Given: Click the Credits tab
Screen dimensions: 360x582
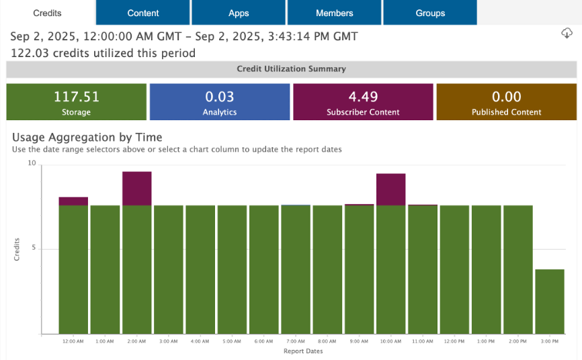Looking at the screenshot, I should click(x=47, y=13).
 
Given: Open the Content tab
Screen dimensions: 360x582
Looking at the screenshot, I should click(x=143, y=13).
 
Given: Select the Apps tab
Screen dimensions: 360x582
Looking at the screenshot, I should click(x=239, y=13).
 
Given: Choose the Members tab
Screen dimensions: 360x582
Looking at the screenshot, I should click(x=334, y=13).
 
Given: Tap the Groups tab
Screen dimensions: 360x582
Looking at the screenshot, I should click(x=430, y=13).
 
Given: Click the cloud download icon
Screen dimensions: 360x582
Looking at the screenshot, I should click(x=567, y=34).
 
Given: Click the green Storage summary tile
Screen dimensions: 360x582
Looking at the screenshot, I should click(x=76, y=102).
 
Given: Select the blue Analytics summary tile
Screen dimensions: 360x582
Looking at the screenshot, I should click(x=220, y=102).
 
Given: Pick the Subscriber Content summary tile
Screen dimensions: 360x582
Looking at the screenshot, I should click(x=363, y=102).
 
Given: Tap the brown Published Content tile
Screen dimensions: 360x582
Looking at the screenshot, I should click(x=506, y=102).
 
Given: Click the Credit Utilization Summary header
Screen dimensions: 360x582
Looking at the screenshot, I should click(x=291, y=69).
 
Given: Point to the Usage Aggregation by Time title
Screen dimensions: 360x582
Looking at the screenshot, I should click(x=87, y=137).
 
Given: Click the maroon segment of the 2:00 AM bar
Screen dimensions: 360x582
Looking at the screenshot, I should click(x=136, y=188).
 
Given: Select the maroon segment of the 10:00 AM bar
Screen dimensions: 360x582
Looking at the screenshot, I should click(x=390, y=189).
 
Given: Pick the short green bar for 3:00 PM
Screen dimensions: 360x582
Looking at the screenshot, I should click(x=549, y=302).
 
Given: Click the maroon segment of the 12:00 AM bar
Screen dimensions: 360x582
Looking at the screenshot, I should click(x=73, y=201).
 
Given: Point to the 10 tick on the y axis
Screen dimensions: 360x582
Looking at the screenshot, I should click(x=32, y=163).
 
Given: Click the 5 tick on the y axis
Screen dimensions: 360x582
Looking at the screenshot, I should click(x=34, y=249).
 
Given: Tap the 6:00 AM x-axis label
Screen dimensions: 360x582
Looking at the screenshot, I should click(x=263, y=342).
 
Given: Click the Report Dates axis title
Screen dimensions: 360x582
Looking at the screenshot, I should click(x=302, y=351).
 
